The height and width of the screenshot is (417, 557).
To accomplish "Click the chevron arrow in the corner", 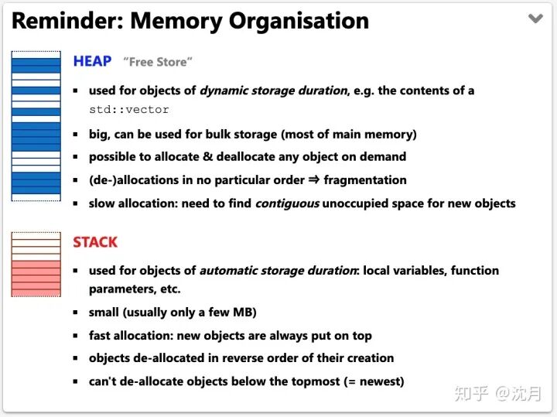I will coord(535,19).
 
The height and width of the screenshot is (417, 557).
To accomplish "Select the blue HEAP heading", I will coord(92,61).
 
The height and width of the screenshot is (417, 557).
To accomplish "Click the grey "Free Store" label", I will coord(158,62).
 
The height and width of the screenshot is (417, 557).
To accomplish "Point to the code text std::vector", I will coord(128,110).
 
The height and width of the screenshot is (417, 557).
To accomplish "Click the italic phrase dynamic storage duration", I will coord(273,91).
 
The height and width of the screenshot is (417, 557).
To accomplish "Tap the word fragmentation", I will coord(364,180).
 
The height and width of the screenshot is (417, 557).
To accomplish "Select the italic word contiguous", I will coord(287,203).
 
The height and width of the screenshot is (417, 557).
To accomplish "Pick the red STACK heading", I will coord(95,242).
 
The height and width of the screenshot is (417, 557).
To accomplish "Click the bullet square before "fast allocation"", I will coord(76,337).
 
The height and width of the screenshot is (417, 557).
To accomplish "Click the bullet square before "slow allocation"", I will coord(76,204).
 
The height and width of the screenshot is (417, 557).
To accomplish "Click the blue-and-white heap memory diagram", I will coord(36,126).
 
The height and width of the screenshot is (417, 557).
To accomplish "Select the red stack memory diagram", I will coord(36,265).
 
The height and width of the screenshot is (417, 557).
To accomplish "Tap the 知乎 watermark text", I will coord(471,394).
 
